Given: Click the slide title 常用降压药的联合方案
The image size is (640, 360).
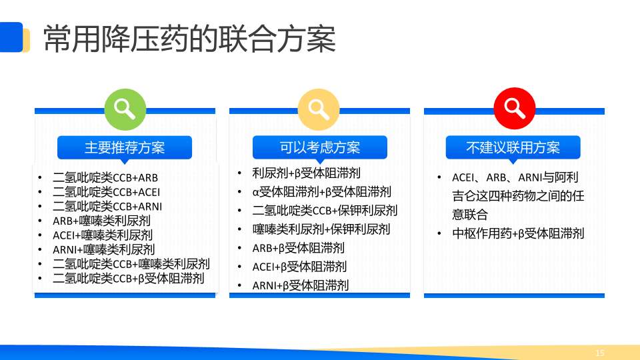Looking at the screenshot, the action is [x=189, y=39].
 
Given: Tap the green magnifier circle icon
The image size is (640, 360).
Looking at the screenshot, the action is [x=125, y=109].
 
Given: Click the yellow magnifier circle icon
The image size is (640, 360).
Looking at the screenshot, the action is [x=319, y=109].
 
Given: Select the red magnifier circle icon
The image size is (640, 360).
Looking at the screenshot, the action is [x=514, y=108].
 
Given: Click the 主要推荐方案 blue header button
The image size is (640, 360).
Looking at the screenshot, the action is [x=125, y=147].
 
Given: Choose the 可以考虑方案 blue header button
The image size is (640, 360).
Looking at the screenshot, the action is [x=319, y=147].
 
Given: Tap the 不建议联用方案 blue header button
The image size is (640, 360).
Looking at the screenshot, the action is [x=513, y=147].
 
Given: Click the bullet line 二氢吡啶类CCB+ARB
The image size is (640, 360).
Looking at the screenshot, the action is [x=105, y=177].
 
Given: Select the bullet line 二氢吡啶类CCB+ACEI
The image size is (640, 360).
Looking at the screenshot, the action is [x=107, y=192].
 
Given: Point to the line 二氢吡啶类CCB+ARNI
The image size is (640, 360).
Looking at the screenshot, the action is [x=107, y=207].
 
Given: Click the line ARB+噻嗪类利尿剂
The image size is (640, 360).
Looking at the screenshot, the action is [x=101, y=221].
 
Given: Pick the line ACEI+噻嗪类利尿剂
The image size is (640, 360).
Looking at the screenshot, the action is [x=103, y=235].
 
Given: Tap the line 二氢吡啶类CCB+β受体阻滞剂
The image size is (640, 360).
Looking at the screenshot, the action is [x=129, y=279].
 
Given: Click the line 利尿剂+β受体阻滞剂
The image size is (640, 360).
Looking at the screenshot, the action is [x=307, y=173].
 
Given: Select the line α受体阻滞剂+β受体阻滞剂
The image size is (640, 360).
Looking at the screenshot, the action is [x=321, y=192].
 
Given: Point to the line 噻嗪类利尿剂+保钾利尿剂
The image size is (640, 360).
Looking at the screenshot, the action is [x=321, y=229].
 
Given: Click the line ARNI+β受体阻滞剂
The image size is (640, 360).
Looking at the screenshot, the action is [x=301, y=285].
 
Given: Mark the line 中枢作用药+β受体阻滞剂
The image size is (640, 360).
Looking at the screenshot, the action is [x=519, y=233].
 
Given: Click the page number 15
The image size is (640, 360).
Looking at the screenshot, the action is [x=599, y=353].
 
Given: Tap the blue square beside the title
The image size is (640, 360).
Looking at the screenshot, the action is [x=11, y=37].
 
